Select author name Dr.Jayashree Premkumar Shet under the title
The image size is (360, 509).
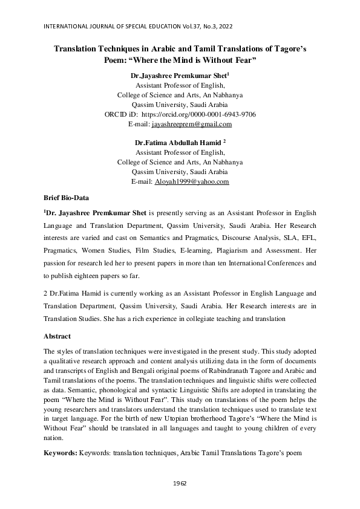point(178,77)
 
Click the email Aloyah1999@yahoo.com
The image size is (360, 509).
point(192,181)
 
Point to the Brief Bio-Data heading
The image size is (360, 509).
point(66,198)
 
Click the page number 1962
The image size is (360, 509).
point(180,484)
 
